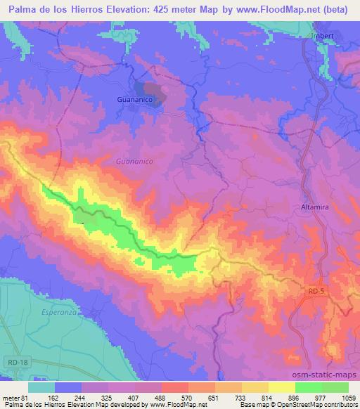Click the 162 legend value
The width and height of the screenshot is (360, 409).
coord(53,397)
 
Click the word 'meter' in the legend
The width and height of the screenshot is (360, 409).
coord(11,397)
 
